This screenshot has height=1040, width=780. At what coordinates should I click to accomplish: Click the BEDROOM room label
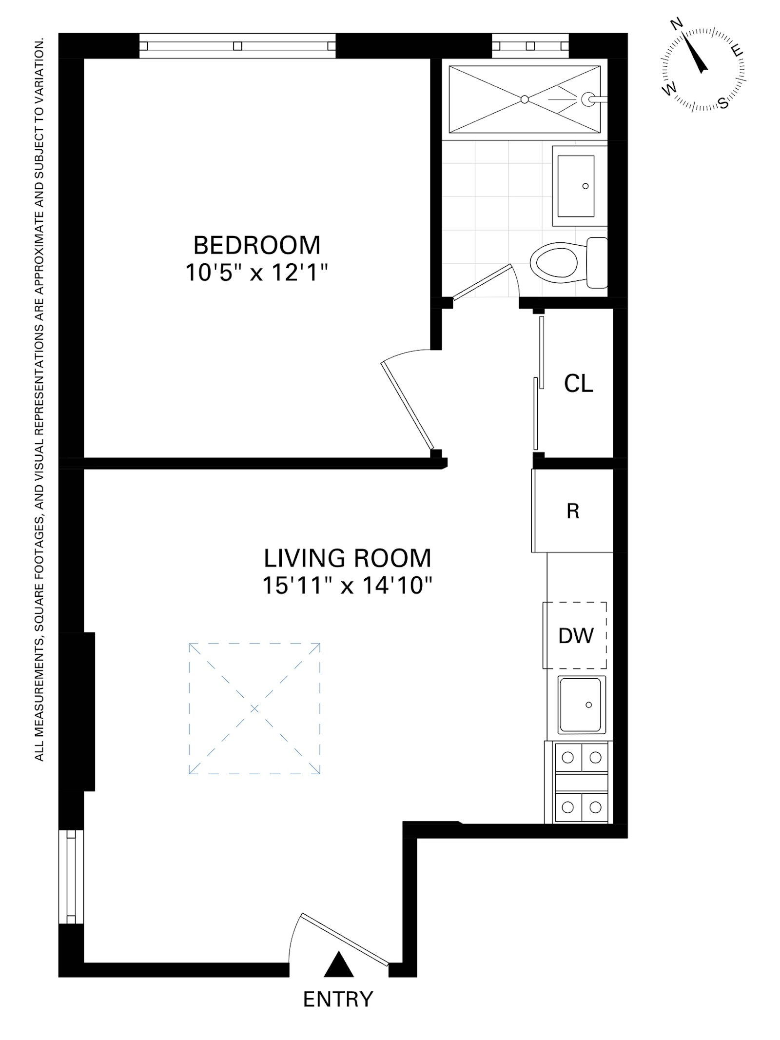pos(257,245)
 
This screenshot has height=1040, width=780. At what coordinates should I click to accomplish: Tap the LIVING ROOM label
pos(347,558)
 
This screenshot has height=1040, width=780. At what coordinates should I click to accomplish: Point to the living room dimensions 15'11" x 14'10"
pos(347,585)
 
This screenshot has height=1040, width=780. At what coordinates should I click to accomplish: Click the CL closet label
pos(578,384)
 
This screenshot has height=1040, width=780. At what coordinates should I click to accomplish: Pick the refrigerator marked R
pos(573,511)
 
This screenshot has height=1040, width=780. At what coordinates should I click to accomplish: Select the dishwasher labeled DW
pos(576,636)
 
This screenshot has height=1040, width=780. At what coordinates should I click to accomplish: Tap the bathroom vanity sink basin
pos(576,186)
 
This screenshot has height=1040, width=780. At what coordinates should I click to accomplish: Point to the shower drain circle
pos(525,99)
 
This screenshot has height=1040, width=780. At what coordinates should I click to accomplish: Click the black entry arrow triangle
pos(338,965)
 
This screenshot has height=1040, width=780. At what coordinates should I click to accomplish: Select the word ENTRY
pos(338,999)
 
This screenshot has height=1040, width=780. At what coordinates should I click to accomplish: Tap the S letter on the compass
pos(723,103)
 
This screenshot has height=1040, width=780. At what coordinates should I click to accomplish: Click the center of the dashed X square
pos(254,708)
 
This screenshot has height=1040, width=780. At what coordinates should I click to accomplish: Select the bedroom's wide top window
pos(237,46)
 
